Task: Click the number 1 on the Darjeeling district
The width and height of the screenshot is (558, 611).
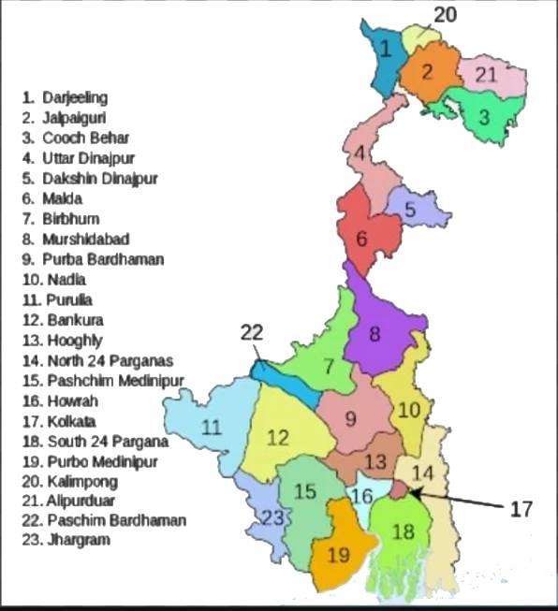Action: coord(384,49)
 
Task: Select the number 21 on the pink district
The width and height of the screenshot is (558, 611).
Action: coord(486,75)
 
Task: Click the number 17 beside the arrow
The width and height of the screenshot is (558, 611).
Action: coord(521,509)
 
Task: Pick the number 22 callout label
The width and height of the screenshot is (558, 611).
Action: coord(252,331)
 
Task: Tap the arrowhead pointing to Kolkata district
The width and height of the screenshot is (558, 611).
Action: coord(413,491)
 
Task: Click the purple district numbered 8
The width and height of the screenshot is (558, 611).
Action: coord(374,333)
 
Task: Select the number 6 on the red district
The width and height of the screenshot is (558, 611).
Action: coord(361,238)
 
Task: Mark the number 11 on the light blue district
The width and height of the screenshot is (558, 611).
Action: coord(213,428)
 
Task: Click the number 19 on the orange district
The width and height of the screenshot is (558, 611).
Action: coord(339,555)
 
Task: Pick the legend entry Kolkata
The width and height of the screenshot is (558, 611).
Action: coord(70,421)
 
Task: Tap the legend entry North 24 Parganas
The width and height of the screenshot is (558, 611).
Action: coord(97,360)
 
